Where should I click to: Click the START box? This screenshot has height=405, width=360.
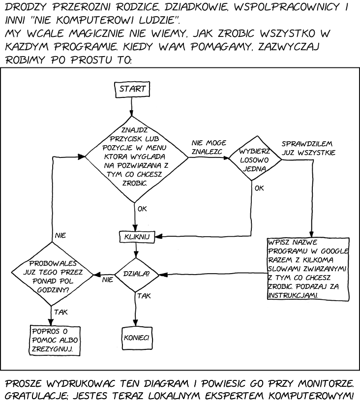point(131,89)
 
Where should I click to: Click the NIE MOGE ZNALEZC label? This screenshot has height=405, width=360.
point(209,147)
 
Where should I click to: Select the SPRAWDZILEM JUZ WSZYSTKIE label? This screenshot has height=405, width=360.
point(308,148)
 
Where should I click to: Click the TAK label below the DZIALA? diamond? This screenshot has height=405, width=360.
point(144,296)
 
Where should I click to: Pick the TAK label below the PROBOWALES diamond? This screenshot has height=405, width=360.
point(61,312)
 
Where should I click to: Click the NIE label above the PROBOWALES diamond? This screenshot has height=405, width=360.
point(60,235)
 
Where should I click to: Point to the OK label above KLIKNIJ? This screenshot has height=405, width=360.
point(143,208)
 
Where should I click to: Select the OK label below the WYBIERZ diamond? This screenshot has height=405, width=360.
point(260,188)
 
